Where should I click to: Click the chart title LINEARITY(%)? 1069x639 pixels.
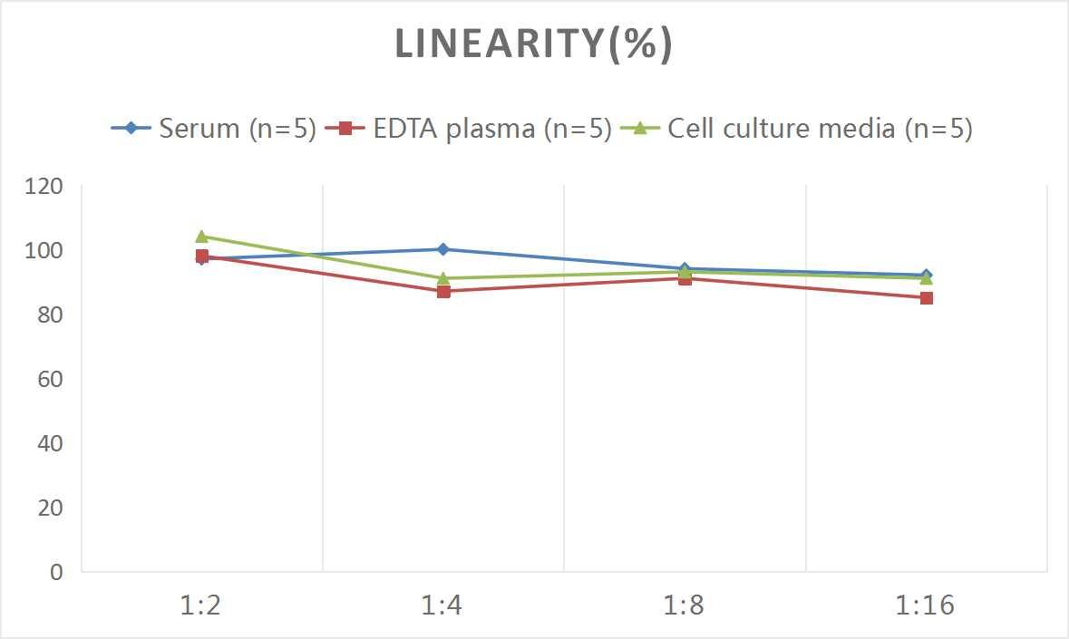(x=534, y=44)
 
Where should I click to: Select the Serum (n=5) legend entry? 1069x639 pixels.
(x=213, y=129)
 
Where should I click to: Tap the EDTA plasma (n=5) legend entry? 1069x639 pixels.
(x=469, y=129)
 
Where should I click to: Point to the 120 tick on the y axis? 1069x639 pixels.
(x=44, y=187)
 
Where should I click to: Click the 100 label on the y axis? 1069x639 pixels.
(x=44, y=251)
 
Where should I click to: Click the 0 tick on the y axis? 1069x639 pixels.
(x=56, y=572)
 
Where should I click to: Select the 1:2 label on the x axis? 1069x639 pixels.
(x=201, y=605)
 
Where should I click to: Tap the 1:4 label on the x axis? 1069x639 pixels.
(x=442, y=605)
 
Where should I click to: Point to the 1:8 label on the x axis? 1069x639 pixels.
(x=685, y=605)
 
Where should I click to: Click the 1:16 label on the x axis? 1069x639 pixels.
(x=926, y=605)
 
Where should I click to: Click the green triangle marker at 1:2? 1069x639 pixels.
(x=201, y=237)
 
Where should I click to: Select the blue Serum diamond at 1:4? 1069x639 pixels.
(x=442, y=249)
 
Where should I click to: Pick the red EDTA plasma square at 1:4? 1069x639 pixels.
(x=442, y=291)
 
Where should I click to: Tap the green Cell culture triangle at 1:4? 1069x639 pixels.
(x=442, y=278)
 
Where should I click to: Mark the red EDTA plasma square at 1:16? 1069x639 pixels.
(x=926, y=297)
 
